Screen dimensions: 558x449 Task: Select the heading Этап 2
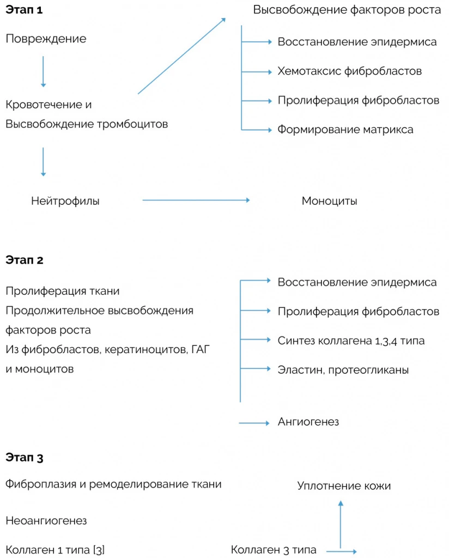point(24,260)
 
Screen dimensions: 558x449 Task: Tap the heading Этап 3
point(24,457)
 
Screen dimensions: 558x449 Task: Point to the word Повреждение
point(46,39)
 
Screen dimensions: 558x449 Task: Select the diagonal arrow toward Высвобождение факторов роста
point(181,56)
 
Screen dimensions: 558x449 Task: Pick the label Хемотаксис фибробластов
point(349,71)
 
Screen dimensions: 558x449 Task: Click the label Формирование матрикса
point(345,130)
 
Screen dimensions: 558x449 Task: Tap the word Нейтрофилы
point(65,201)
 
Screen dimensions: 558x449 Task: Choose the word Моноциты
point(329,201)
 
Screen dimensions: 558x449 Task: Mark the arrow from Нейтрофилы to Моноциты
point(196,201)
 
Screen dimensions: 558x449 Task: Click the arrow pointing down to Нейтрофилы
point(44,161)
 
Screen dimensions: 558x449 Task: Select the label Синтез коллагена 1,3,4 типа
point(351,341)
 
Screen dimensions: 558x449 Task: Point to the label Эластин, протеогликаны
point(343,370)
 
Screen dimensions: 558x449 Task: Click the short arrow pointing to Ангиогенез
point(254,423)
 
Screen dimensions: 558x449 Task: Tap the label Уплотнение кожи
point(344,486)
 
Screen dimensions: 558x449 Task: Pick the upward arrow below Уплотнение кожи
point(341,523)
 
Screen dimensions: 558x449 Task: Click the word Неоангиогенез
point(46,521)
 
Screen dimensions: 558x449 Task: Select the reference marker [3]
point(99,550)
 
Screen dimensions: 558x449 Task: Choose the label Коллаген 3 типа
point(274,550)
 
